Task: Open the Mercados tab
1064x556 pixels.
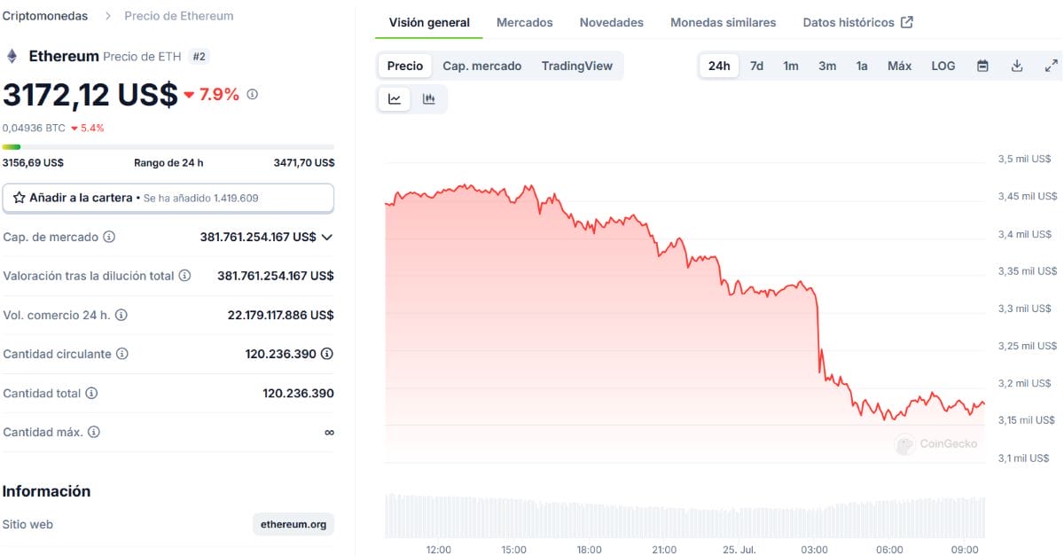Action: [x=524, y=22]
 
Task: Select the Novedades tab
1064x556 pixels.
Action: [x=611, y=22]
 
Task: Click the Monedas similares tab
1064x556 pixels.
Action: [x=723, y=22]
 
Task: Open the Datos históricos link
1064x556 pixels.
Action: [x=858, y=22]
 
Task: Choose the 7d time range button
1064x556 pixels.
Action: [x=756, y=66]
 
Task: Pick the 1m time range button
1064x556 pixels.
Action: [x=790, y=66]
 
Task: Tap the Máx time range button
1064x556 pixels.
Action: [x=899, y=66]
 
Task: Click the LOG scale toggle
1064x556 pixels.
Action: [x=943, y=66]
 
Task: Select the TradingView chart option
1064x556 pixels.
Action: [x=576, y=66]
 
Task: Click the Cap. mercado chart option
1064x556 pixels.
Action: [x=481, y=66]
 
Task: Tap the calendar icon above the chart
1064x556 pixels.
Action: [x=982, y=66]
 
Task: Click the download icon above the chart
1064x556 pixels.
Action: [x=1016, y=66]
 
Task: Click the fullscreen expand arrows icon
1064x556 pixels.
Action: [x=1052, y=66]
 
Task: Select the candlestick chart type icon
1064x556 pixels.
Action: [x=428, y=98]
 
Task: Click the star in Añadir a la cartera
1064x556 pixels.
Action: [x=19, y=198]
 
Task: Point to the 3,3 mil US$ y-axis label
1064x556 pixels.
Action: [x=1024, y=309]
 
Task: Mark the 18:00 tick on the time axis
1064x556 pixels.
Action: [x=589, y=549]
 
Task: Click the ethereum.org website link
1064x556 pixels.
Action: [x=293, y=524]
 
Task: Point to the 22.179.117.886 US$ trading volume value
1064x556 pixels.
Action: [x=280, y=315]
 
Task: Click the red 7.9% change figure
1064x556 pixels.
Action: [x=218, y=94]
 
